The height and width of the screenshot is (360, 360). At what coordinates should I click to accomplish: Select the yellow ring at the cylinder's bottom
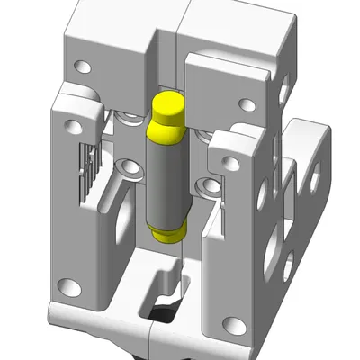tap(167, 235)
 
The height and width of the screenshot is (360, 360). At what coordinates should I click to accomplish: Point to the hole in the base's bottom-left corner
tap(65, 289)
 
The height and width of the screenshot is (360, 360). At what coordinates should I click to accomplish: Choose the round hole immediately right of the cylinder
tap(210, 185)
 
